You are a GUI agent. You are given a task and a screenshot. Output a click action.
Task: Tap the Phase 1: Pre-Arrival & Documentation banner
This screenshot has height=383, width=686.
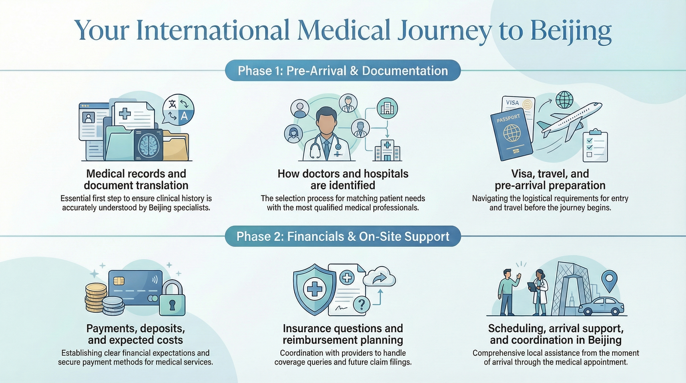point(343,71)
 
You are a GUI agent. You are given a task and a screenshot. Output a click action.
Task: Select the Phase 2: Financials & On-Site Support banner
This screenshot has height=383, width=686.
point(343,236)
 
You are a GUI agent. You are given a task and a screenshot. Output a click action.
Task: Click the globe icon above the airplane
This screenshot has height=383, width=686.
point(564,100)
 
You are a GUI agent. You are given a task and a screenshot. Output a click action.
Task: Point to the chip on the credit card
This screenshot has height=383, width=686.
point(119,281)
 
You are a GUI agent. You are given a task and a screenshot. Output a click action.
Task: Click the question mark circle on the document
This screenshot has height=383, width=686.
point(362,304)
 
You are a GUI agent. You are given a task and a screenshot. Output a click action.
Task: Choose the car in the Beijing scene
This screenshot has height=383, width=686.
point(601,306)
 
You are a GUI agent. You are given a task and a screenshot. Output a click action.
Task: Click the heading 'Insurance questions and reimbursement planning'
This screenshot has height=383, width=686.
point(343,334)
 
